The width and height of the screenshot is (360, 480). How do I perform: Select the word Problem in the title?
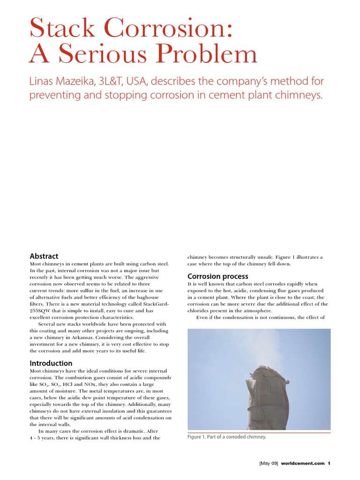pos(209,54)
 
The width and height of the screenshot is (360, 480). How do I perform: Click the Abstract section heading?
pos(44,256)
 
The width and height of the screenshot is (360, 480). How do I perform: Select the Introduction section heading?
pos(51,363)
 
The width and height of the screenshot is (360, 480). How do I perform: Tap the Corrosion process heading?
pos(217,276)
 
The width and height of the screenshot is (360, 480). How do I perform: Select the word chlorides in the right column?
pos(199,310)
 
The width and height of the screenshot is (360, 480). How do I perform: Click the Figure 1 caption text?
pos(226,437)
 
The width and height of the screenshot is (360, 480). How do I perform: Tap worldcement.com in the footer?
pos(302,463)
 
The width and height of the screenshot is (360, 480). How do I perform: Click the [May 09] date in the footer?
pos(269,463)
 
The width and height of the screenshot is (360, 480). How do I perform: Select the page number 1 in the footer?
pos(329,463)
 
